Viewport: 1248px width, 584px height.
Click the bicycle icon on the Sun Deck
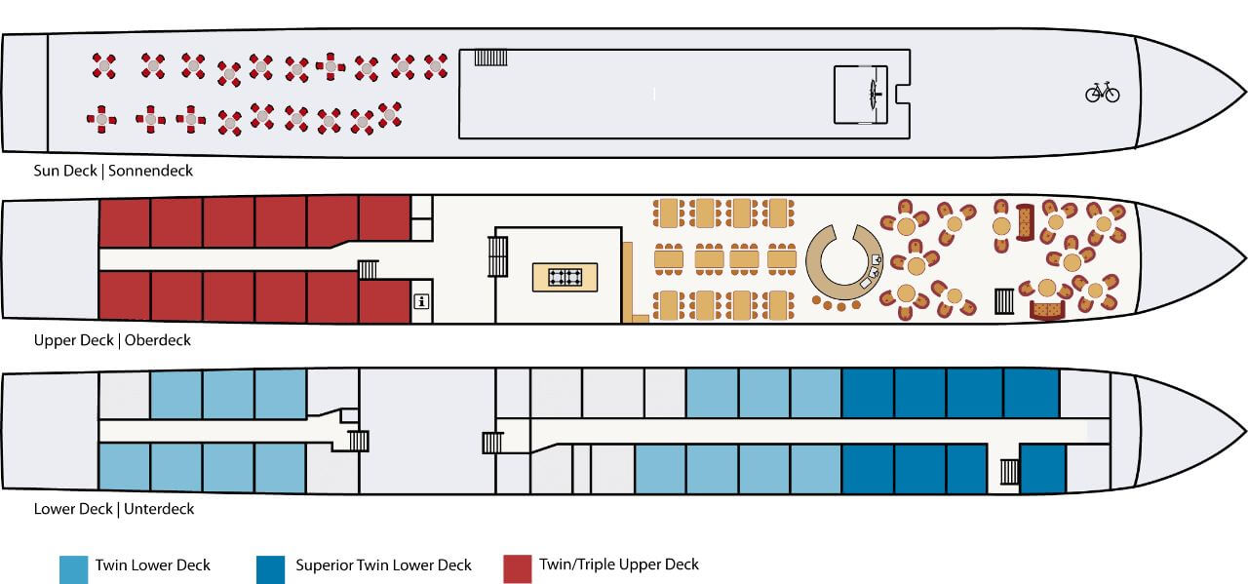pyautogui.click(x=1102, y=93)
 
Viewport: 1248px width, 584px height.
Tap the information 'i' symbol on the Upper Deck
pyautogui.click(x=422, y=301)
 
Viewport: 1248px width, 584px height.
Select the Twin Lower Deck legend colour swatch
pyautogui.click(x=73, y=569)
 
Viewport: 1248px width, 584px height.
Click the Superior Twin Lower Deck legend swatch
pyautogui.click(x=270, y=569)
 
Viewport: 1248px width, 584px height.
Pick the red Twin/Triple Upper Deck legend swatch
pyautogui.click(x=517, y=569)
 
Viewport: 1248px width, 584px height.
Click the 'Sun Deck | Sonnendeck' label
pyautogui.click(x=113, y=171)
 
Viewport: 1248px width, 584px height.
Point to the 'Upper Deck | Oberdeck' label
pyautogui.click(x=112, y=340)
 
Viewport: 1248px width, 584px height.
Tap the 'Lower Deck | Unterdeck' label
pyautogui.click(x=114, y=509)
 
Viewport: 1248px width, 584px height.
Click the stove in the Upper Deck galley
pyautogui.click(x=565, y=277)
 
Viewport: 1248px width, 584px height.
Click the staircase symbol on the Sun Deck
pyautogui.click(x=490, y=58)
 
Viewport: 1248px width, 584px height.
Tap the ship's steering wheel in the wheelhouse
pyautogui.click(x=874, y=95)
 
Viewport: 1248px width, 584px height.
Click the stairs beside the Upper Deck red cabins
pyautogui.click(x=368, y=270)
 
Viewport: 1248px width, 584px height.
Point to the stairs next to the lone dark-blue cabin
pyautogui.click(x=1009, y=472)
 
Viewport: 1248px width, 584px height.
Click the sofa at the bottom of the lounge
pyautogui.click(x=1047, y=310)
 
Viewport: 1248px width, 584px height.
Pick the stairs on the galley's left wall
pyautogui.click(x=497, y=256)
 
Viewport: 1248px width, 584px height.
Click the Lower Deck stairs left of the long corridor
pyautogui.click(x=492, y=443)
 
